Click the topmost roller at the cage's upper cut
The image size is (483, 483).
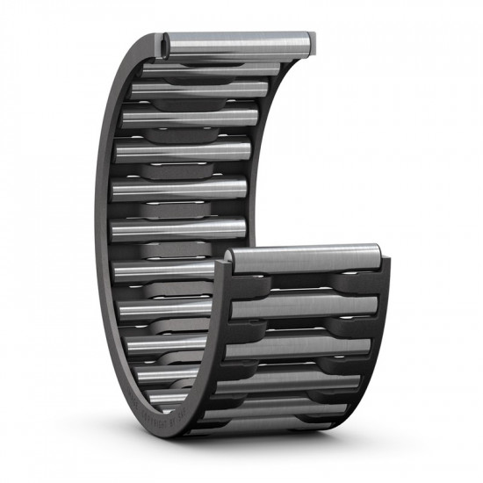pyautogui.click(x=237, y=41)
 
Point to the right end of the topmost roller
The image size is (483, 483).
pyautogui.click(x=310, y=41)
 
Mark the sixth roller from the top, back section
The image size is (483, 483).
pyautogui.click(x=176, y=227)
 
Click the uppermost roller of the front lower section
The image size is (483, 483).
pyautogui.click(x=303, y=257)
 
